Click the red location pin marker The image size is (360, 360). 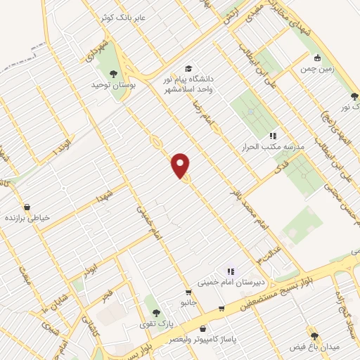tap(181, 166)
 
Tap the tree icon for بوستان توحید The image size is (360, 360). tap(112, 72)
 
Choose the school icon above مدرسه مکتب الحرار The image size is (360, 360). tap(273, 136)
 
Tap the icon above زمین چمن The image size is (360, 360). tap(318, 58)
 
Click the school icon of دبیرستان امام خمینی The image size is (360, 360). tap(230, 271)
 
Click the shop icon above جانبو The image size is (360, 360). tap(188, 292)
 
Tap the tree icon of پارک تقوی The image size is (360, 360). tap(156, 313)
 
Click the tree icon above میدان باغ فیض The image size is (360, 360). tap(314, 336)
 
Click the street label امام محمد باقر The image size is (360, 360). tap(250, 209)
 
